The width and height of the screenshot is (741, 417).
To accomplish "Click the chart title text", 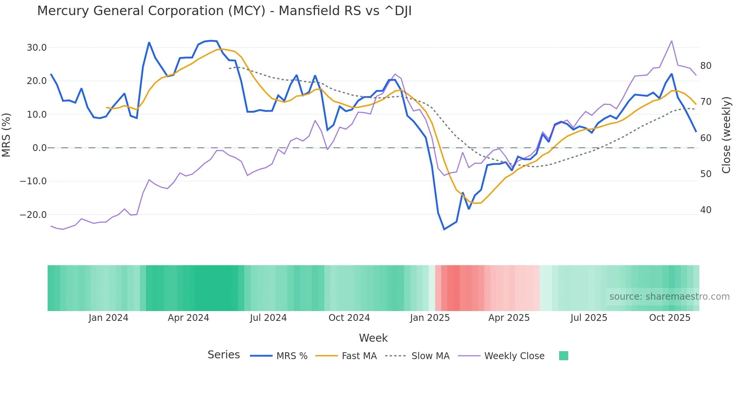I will coord(224,11).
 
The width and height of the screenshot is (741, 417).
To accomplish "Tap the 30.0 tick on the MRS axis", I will coord(37,48).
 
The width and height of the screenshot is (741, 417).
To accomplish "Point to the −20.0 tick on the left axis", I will coord(33,215).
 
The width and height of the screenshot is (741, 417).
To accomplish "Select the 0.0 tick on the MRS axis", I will coord(39,148).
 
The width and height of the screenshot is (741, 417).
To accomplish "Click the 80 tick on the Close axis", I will coord(706,66).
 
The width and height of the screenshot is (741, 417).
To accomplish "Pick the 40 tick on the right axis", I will coord(706,210).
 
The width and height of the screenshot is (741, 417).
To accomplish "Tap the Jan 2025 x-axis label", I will coord(430,318).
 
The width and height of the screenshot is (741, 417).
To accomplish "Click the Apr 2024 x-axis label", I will coord(188,318).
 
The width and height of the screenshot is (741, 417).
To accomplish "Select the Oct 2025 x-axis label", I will coord(670,318).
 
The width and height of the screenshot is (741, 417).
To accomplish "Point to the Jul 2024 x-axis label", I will coord(268,318).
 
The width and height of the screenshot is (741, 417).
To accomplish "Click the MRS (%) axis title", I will coord(6,135).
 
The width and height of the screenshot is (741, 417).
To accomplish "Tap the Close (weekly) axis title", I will coord(726,135).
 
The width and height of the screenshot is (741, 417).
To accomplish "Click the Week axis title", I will coord(373,338).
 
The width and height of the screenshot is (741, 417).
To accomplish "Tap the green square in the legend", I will coord(563,356).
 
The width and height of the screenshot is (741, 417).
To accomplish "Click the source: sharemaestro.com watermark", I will coord(669,297).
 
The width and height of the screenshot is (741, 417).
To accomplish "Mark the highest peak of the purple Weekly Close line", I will coord(671,41).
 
